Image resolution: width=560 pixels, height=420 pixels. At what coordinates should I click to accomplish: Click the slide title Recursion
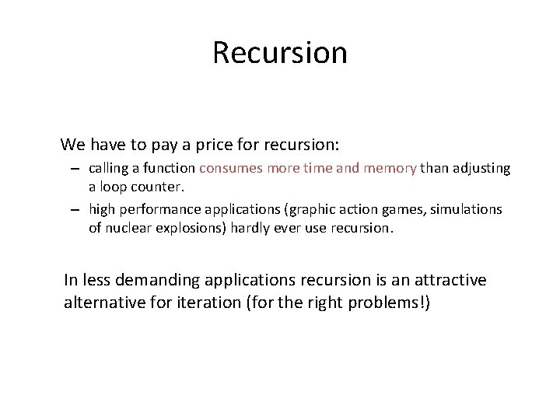pyautogui.click(x=279, y=53)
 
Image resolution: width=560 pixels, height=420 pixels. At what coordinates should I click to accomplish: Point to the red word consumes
pyautogui.click(x=231, y=168)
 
